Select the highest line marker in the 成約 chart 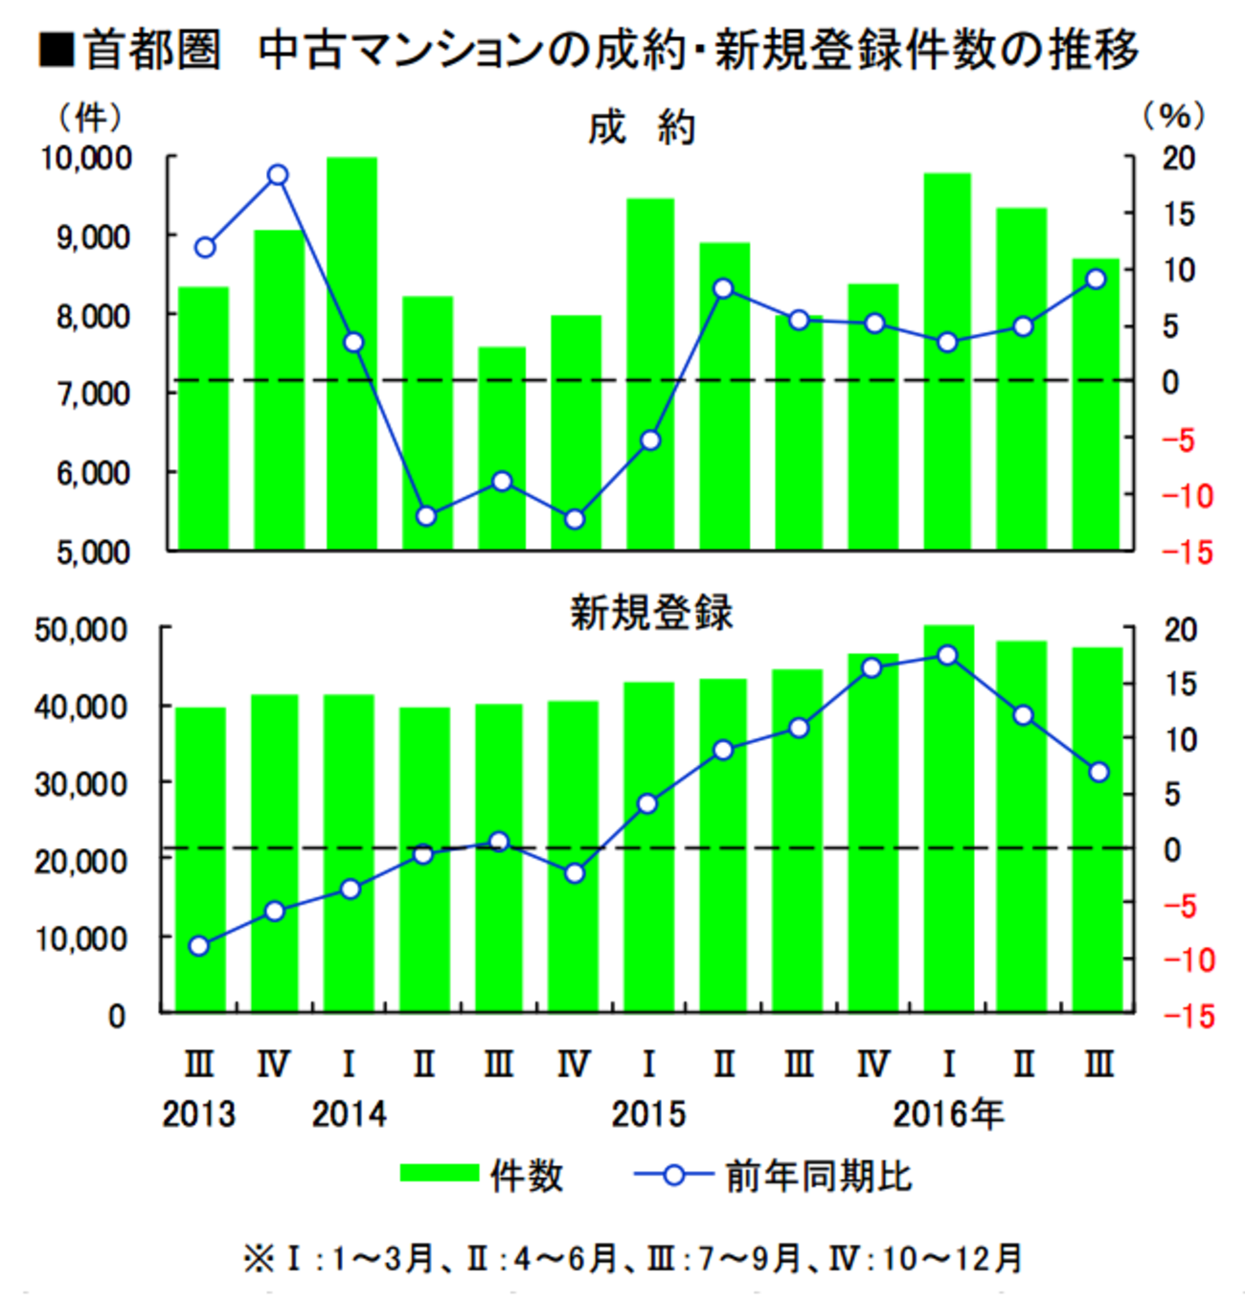tap(278, 175)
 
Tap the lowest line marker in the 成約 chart tap(574, 519)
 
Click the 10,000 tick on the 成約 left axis tap(86, 158)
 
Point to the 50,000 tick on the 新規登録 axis tap(81, 630)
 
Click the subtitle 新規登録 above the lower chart tap(651, 612)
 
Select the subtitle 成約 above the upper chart tap(642, 127)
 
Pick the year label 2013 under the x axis tap(198, 1114)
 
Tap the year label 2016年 tap(948, 1114)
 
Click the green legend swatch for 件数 tap(439, 1174)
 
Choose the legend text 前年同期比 tap(819, 1176)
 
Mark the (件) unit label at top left tap(91, 117)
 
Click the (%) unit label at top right tap(1173, 117)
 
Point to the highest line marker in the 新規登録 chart tap(948, 656)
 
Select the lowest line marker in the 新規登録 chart tap(198, 946)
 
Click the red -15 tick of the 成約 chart tap(1188, 552)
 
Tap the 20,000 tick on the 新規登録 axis tap(81, 861)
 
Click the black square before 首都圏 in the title tap(57, 49)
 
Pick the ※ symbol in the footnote tap(259, 1258)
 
